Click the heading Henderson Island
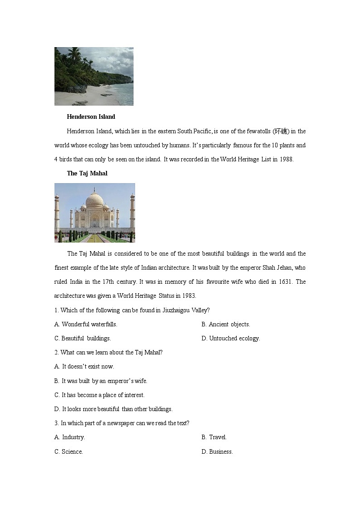pos(91,116)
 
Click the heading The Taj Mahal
pos(87,173)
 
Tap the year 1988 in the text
pos(286,159)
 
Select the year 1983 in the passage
pos(188,296)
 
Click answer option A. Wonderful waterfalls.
pos(86,324)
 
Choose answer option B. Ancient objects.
pos(226,324)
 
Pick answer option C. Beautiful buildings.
pos(83,338)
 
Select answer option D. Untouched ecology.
pos(231,338)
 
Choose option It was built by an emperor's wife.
pos(101,381)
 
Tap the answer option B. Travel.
pos(214,437)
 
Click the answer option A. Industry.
pos(70,437)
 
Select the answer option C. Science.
pos(69,451)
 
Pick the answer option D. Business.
pos(217,451)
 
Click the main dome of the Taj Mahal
pos(95,200)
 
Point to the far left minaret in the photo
pos(57,213)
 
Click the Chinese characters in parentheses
pos(281,131)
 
